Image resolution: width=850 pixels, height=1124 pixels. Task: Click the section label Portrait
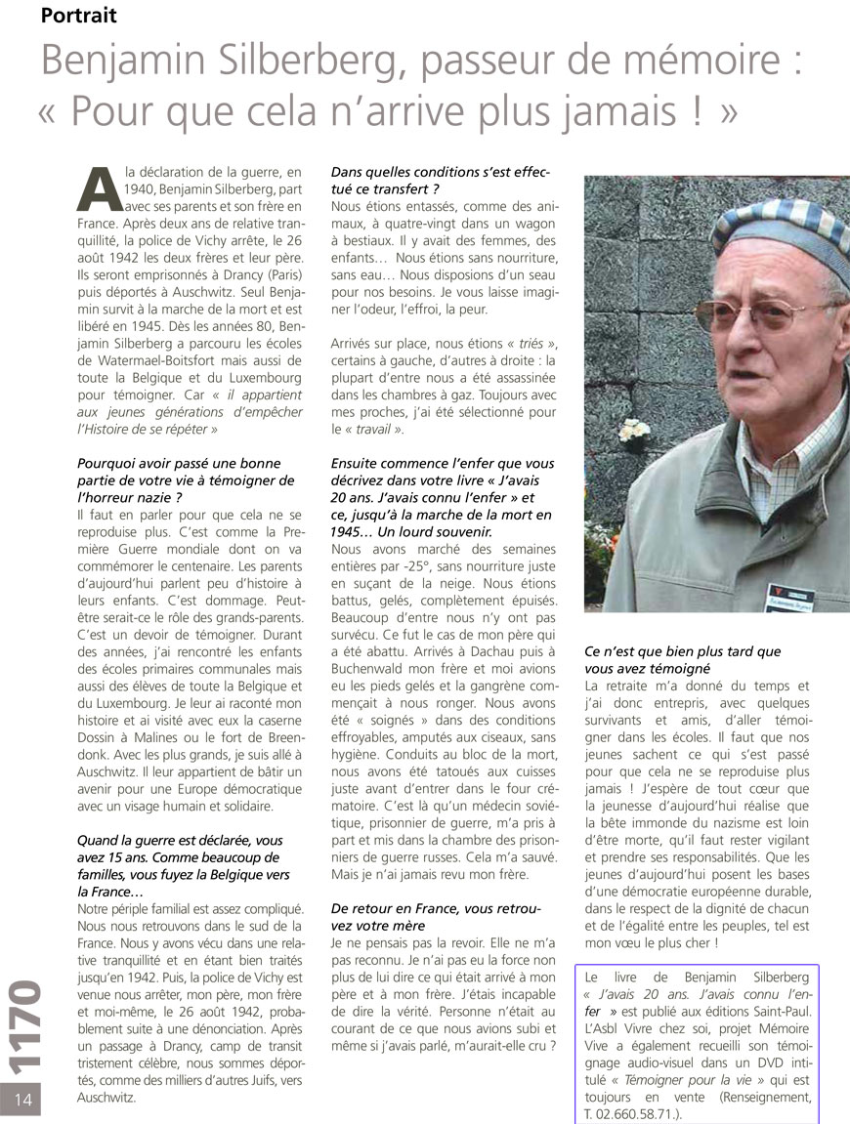coord(80,16)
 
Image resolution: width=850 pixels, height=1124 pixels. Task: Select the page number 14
coord(24,1099)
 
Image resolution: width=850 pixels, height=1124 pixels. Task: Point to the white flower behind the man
coord(635,429)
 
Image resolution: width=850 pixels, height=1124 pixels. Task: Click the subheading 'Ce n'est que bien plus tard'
coord(682,659)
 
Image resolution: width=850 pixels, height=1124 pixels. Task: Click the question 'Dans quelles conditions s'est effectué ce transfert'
coord(441,180)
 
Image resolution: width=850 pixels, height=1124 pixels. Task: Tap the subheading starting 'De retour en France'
coord(435,916)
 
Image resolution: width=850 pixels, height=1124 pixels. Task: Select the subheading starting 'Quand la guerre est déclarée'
coord(179,856)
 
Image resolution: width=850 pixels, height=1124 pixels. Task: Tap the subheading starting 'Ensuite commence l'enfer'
coord(442,497)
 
